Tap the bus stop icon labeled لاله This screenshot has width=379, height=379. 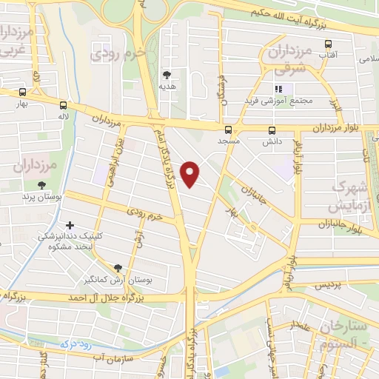point(62,105)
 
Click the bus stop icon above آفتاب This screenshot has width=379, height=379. point(328,42)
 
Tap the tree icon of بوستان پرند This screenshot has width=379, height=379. point(40,186)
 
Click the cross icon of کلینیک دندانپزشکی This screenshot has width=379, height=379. point(70,225)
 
